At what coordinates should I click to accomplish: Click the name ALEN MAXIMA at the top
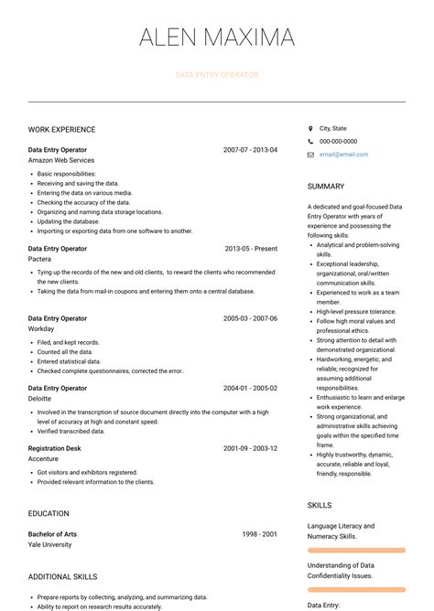coord(217,38)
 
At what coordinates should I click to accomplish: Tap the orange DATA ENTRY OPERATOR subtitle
coord(217,75)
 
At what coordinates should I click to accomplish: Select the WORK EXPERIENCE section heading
coord(61,130)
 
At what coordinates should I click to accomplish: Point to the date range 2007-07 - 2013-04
coord(250,149)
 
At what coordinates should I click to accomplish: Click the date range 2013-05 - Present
coord(251,248)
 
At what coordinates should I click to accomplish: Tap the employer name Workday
coord(42,328)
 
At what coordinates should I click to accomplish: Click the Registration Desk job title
coord(55,448)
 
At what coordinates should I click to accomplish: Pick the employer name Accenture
coord(44,459)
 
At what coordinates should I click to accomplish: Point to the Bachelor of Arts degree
coord(52,533)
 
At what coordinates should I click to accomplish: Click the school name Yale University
coord(49,544)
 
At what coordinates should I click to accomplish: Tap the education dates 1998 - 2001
coord(259,533)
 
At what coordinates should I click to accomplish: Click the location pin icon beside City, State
coord(310,129)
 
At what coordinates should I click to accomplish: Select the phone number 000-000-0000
coord(338,142)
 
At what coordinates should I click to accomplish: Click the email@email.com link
coord(343,155)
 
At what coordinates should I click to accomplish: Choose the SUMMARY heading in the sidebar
coord(326,187)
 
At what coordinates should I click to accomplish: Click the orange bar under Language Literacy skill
coord(356,551)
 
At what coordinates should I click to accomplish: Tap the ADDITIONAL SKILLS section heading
coord(62,577)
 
